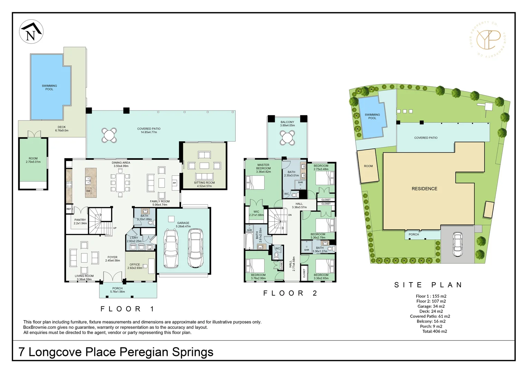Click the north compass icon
click(x=31, y=31)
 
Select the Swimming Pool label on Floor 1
click(x=49, y=87)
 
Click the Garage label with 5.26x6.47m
click(x=183, y=224)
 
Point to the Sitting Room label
click(x=204, y=184)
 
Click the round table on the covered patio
click(x=109, y=135)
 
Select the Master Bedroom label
click(x=263, y=168)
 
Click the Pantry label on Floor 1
click(x=80, y=221)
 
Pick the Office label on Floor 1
click(x=135, y=266)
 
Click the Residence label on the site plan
click(x=424, y=189)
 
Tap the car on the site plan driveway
click(x=458, y=244)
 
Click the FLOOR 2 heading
click(x=290, y=293)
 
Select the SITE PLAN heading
click(x=428, y=285)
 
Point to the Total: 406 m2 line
click(x=434, y=331)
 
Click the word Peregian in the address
click(x=144, y=352)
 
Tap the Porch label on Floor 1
click(x=117, y=290)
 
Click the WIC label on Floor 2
click(x=256, y=213)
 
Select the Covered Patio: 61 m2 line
click(x=430, y=316)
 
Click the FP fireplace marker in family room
click(x=175, y=183)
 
